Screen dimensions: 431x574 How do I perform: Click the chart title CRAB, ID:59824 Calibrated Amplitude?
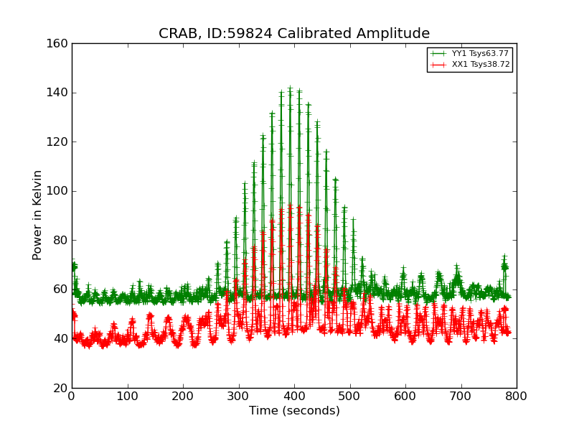tap(294, 34)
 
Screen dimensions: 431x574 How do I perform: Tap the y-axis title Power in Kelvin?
tap(38, 215)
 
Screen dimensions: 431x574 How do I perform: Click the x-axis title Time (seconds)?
tap(294, 411)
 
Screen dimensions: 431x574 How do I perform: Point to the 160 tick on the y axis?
tap(59, 44)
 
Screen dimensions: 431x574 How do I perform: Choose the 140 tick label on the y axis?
tap(59, 93)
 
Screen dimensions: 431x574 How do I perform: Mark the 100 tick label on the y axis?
tap(59, 191)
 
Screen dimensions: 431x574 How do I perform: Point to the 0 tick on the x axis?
tap(72, 396)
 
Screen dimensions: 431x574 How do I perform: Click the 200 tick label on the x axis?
tap(183, 396)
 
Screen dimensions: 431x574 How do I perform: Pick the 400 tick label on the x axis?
tap(294, 396)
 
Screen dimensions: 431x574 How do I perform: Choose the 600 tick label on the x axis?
tap(405, 396)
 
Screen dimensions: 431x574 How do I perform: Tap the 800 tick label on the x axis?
tap(516, 396)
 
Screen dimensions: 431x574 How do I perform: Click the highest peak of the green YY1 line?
tap(290, 89)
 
